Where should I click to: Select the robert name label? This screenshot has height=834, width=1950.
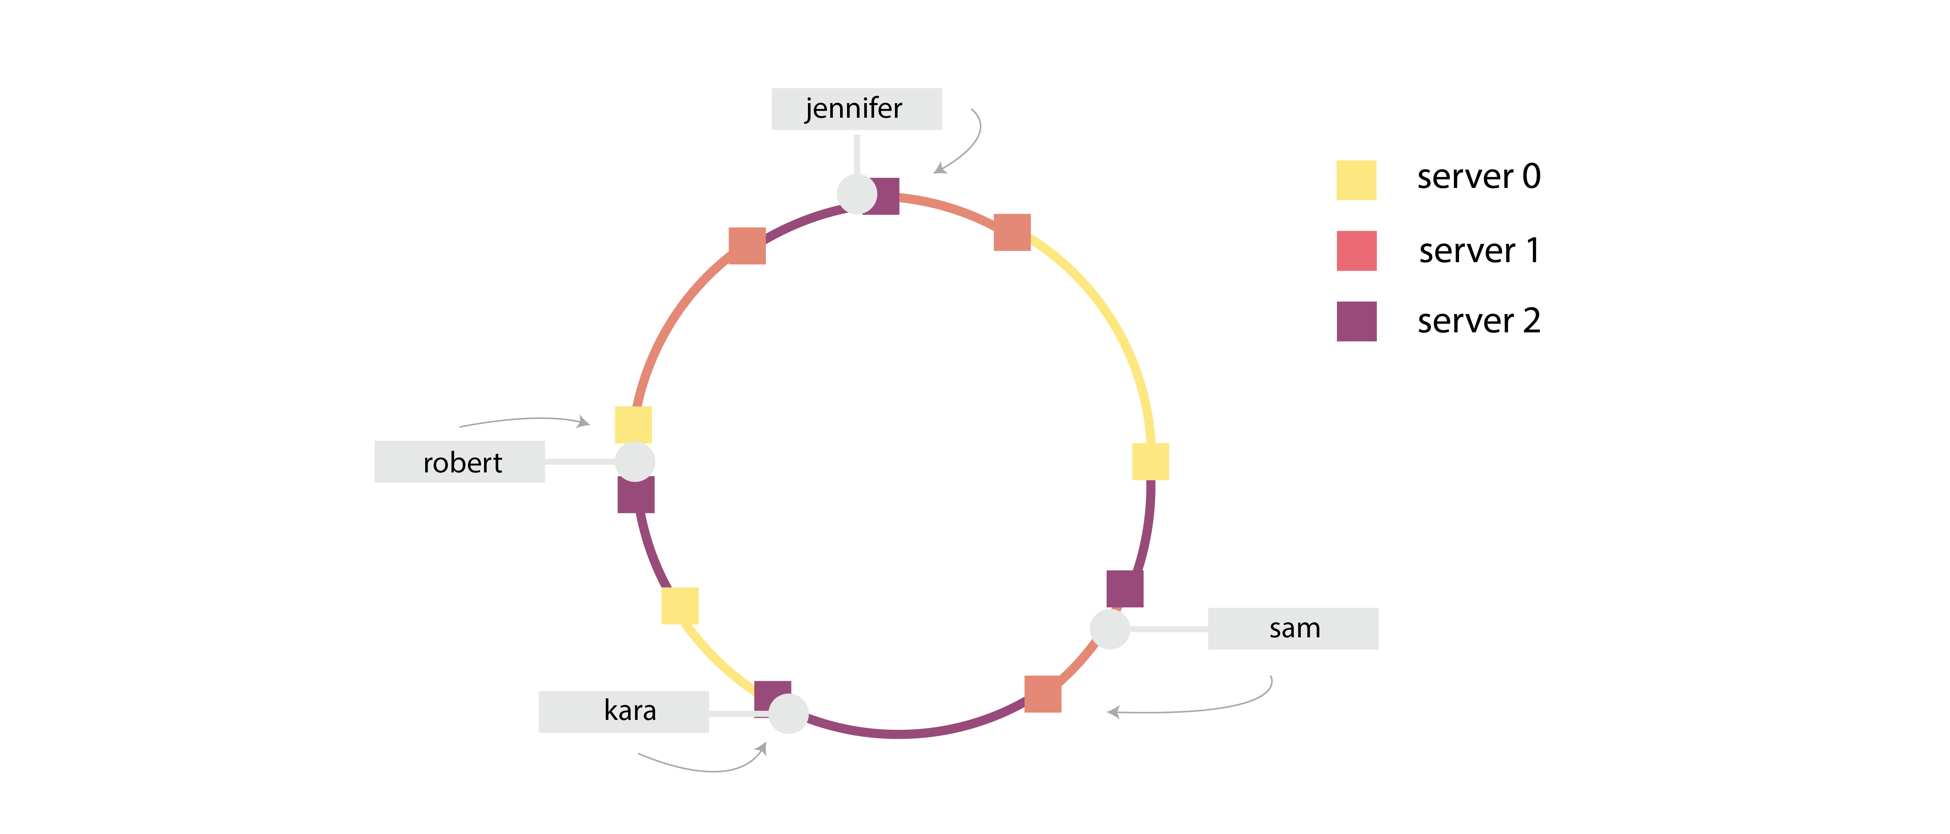(x=460, y=462)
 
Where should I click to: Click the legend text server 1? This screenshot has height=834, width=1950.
(x=1478, y=250)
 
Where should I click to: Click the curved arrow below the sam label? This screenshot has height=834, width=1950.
(x=1196, y=704)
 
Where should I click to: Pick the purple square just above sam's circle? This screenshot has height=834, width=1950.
(x=1125, y=588)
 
